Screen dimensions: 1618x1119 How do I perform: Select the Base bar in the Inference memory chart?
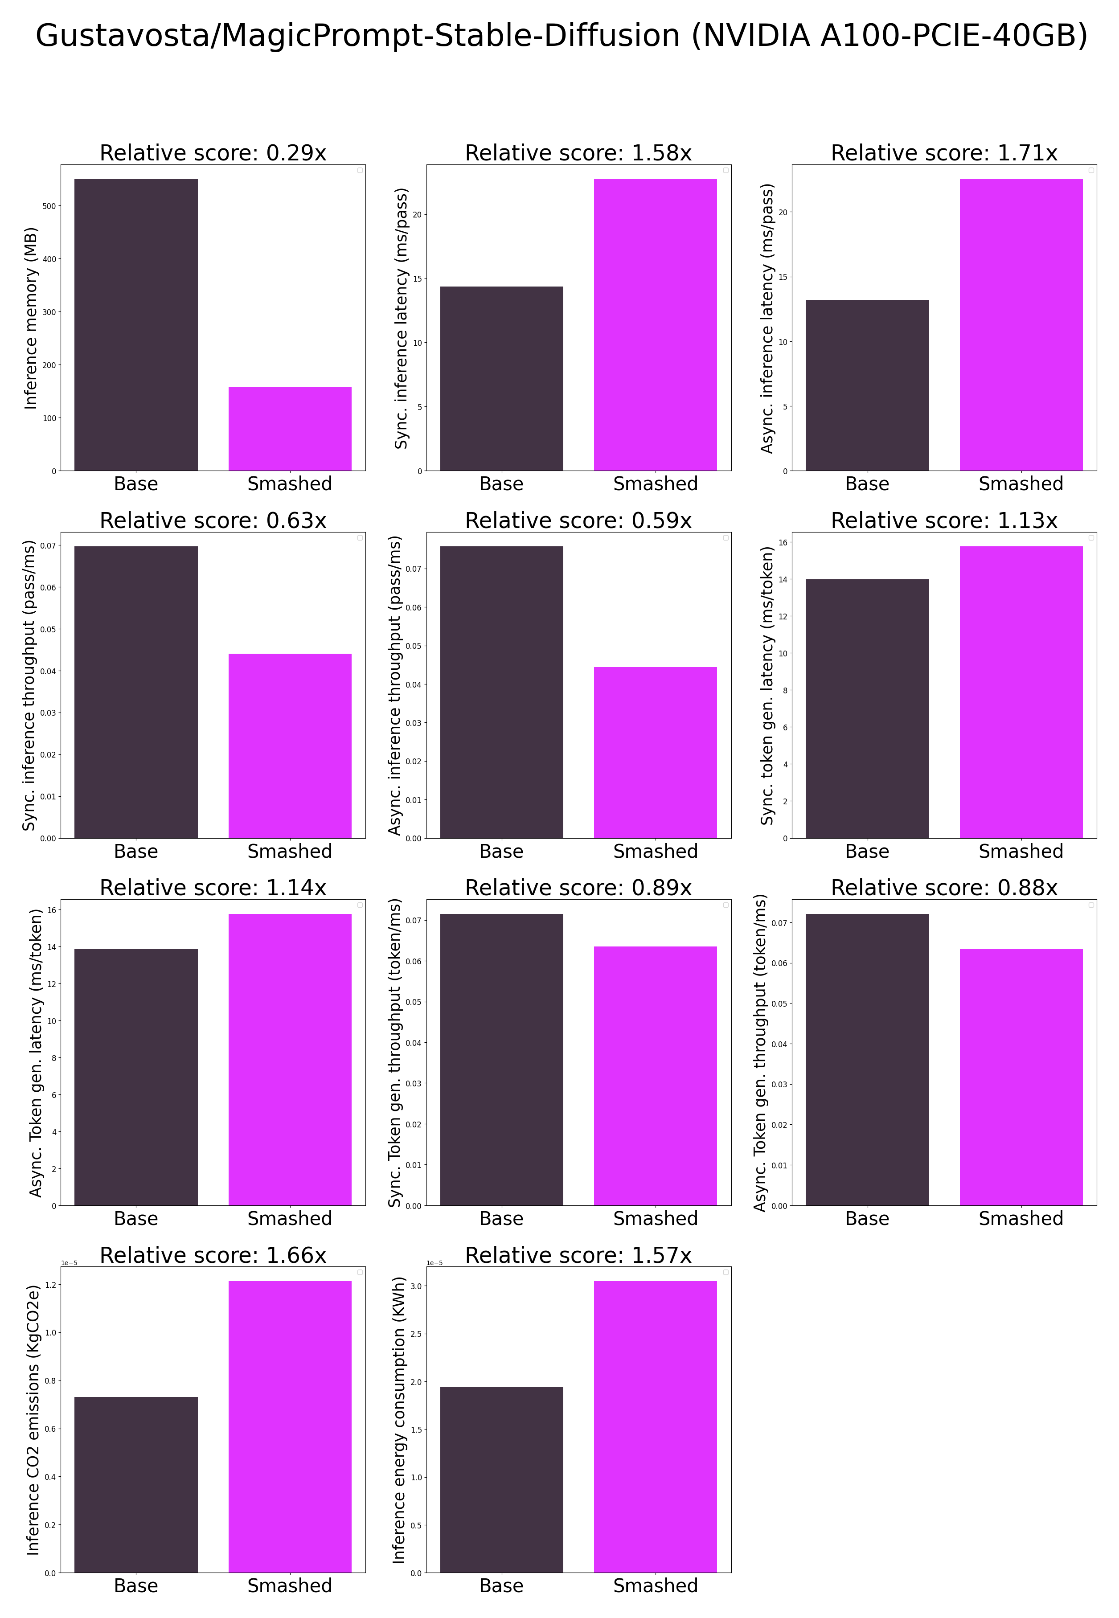click(136, 324)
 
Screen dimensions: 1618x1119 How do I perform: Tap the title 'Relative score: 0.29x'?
click(213, 153)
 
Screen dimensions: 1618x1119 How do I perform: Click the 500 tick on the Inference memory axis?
click(49, 206)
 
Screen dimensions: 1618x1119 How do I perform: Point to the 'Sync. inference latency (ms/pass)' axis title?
click(401, 318)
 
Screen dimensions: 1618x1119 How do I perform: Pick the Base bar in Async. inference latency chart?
click(867, 385)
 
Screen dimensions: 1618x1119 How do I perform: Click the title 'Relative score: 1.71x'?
click(944, 153)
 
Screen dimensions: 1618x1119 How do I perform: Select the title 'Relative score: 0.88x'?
click(944, 888)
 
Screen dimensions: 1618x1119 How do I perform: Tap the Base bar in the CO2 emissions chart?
click(136, 1485)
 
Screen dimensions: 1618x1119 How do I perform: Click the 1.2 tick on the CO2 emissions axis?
click(50, 1285)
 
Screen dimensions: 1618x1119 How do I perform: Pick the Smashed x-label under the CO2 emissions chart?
click(290, 1586)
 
